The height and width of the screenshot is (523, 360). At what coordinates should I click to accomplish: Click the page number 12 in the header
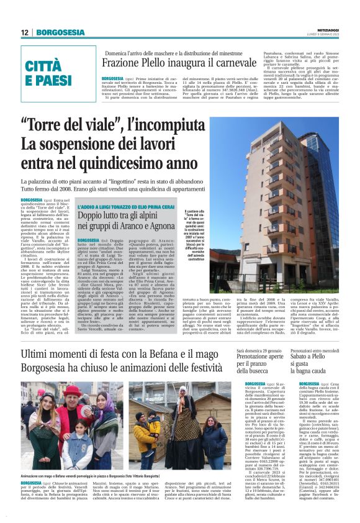tap(25, 32)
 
